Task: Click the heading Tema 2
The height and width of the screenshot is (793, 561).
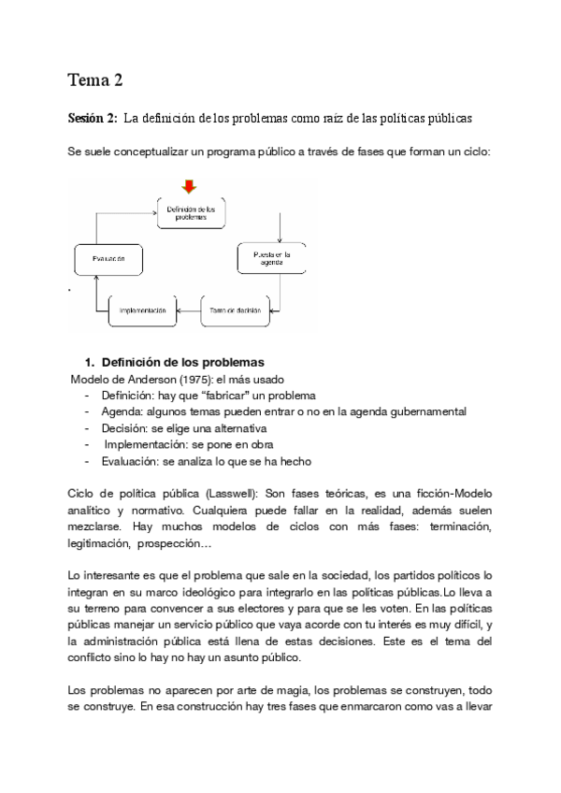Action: click(x=95, y=80)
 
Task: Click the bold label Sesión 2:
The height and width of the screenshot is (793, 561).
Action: click(x=92, y=119)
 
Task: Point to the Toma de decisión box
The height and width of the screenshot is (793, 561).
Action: click(x=235, y=310)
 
